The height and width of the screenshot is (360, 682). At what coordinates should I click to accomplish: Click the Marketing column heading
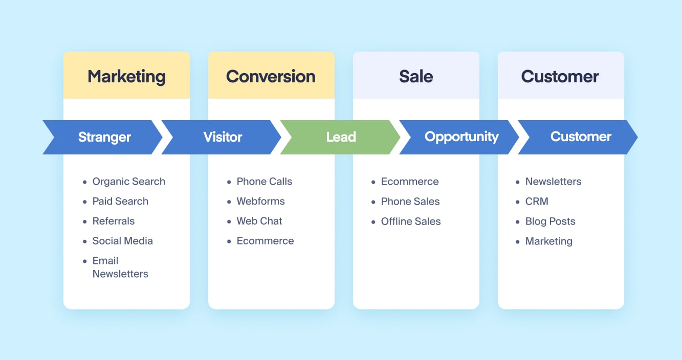click(127, 76)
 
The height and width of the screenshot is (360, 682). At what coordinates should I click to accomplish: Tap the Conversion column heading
click(271, 76)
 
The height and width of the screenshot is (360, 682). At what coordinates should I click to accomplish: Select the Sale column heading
click(416, 76)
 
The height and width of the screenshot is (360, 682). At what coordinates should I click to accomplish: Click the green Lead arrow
click(340, 137)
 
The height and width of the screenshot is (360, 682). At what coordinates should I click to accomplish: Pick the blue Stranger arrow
click(103, 137)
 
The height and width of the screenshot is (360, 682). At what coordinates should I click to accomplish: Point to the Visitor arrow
click(222, 137)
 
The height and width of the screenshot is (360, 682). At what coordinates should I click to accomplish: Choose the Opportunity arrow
click(459, 137)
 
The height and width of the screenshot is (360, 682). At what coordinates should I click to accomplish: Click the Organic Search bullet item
click(129, 182)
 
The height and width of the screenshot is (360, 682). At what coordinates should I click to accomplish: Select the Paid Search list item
click(120, 201)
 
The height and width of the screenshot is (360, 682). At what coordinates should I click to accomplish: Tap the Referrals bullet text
click(113, 221)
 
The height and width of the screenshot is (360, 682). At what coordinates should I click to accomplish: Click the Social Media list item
click(122, 241)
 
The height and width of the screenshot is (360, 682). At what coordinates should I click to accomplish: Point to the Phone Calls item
click(265, 182)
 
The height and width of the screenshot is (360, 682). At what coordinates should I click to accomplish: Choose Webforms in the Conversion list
click(260, 201)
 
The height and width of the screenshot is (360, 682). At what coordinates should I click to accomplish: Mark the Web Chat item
click(259, 221)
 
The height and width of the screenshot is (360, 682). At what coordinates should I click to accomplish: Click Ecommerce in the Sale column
click(410, 182)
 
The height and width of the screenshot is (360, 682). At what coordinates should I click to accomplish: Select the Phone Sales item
click(410, 201)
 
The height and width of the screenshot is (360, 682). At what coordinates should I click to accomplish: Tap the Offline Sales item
click(411, 221)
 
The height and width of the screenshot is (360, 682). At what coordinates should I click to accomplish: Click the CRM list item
click(537, 201)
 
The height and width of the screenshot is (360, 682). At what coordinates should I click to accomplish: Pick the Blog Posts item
click(550, 221)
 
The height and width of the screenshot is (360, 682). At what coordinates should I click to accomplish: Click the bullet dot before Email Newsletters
click(84, 261)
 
